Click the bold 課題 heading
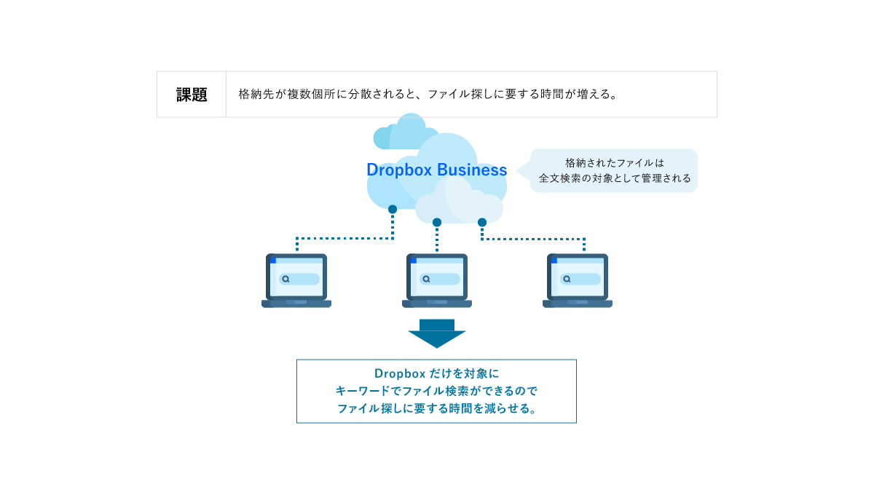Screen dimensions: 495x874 tap(192, 95)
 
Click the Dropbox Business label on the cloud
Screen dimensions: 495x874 tap(436, 170)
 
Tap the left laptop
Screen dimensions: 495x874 tap(296, 280)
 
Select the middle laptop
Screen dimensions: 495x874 tap(437, 280)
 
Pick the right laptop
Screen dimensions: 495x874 tap(578, 280)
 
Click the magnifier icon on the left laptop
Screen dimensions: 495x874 tap(286, 279)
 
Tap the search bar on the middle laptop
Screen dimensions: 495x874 tap(440, 279)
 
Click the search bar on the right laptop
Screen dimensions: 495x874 tap(580, 279)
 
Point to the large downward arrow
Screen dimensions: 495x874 tap(437, 333)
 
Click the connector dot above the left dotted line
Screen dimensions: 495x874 tap(393, 209)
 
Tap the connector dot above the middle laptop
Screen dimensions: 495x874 tap(437, 222)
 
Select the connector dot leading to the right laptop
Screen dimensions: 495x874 tap(482, 222)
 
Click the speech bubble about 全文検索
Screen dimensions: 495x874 tap(614, 170)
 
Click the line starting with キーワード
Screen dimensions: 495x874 tap(436, 391)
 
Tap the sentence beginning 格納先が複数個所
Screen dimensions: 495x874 tap(428, 95)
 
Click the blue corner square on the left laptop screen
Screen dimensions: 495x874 tap(273, 260)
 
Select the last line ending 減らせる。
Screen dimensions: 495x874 tap(436, 408)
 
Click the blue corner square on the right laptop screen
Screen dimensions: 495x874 tap(554, 260)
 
